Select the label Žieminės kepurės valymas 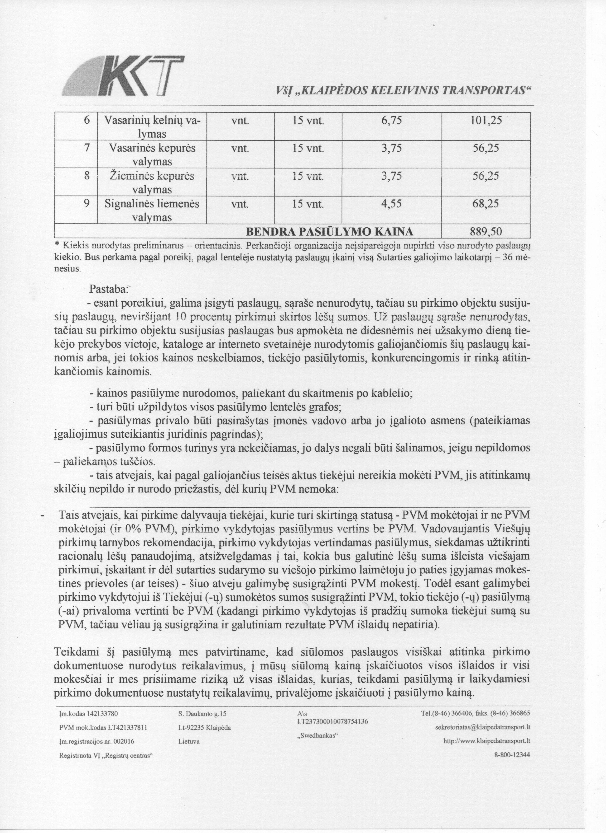click(152, 183)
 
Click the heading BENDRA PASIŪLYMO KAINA click(329, 232)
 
